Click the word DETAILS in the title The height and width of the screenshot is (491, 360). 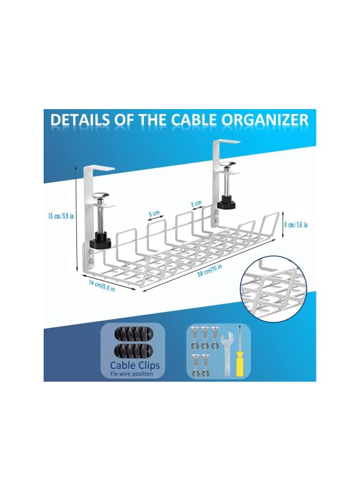(x=80, y=120)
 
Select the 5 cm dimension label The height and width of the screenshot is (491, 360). (x=155, y=213)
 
